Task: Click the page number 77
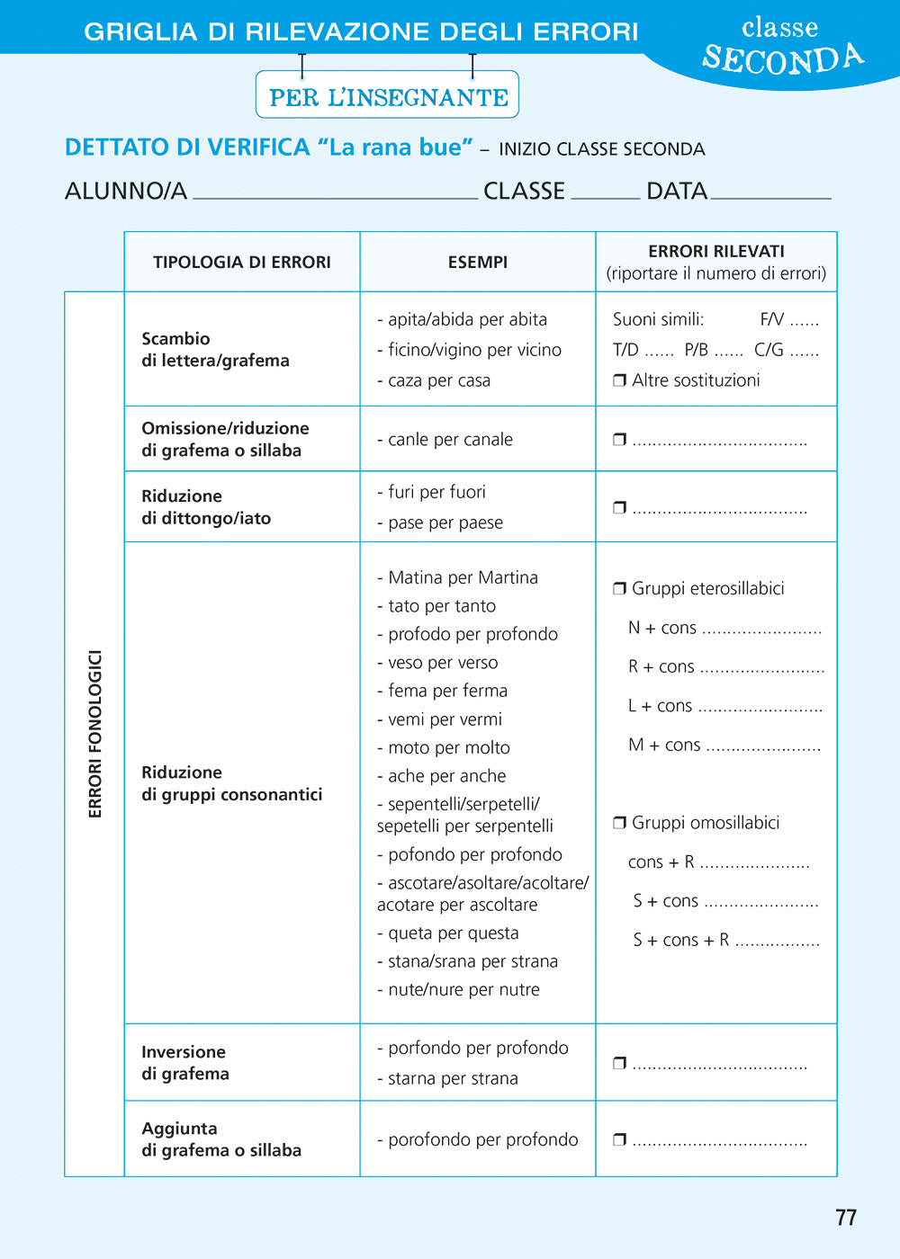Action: tap(846, 1218)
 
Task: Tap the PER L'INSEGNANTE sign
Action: tap(388, 96)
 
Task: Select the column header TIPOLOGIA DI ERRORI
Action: tap(241, 262)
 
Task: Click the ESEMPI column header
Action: tap(477, 262)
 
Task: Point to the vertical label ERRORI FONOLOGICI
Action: tap(94, 734)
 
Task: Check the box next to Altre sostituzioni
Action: tap(619, 380)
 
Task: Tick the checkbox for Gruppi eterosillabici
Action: tap(619, 589)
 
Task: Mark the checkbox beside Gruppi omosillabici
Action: tap(619, 823)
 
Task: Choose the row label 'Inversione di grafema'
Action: tap(185, 1063)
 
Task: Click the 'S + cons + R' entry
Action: tap(680, 941)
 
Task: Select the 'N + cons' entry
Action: tap(662, 628)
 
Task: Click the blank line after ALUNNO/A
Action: tap(335, 192)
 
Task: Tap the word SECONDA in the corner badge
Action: tap(782, 58)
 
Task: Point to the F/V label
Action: tap(771, 319)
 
